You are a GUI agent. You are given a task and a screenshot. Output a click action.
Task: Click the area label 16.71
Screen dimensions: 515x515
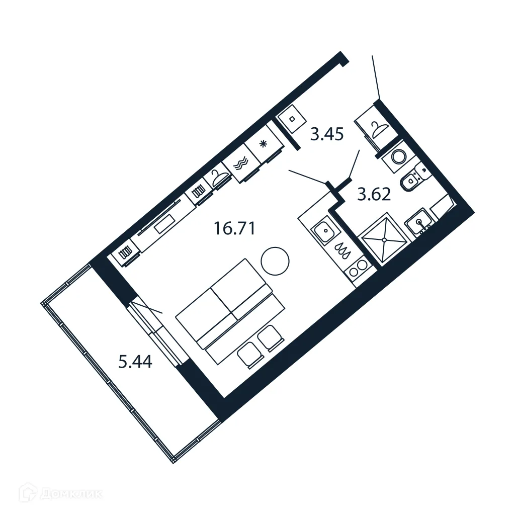coord(234,229)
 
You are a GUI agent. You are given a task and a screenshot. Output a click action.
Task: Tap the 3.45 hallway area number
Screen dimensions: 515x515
coord(326,135)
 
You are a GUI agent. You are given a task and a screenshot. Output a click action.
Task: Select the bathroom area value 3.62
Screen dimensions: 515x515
coord(374,194)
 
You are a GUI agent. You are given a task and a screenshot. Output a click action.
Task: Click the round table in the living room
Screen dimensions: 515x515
coord(275,261)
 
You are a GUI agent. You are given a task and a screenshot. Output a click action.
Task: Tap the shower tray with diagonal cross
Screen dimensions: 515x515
coord(385,240)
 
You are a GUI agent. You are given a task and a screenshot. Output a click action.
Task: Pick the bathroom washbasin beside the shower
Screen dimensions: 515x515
coord(419,222)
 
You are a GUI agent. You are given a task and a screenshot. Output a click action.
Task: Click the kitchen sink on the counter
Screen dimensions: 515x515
coord(324,232)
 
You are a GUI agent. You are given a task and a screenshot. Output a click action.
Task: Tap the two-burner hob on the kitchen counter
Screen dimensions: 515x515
coord(358,268)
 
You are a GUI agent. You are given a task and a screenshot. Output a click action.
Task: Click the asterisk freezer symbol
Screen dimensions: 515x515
coord(263,144)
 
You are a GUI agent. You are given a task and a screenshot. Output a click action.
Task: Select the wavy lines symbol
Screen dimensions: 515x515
coord(242,163)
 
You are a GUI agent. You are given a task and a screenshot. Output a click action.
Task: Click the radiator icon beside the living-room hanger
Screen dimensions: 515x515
coord(198,192)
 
